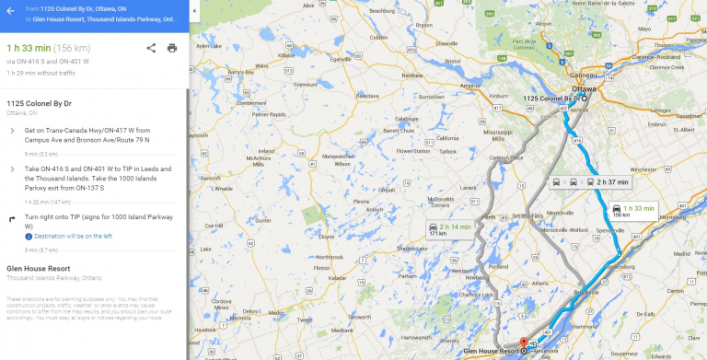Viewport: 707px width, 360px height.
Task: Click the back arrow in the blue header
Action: coord(10,12)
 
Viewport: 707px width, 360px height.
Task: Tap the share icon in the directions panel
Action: coord(151,47)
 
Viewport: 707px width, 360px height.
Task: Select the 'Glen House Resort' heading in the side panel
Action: coord(35,269)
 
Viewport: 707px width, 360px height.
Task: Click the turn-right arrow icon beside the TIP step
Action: coord(12,218)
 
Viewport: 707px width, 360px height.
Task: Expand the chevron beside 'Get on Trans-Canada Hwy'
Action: coord(12,131)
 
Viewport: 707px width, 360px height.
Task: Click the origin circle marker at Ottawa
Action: coord(582,99)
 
